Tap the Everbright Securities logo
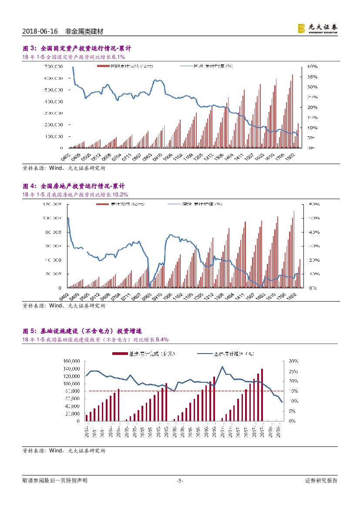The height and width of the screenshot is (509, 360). point(317,28)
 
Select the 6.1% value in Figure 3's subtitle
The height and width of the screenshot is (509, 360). point(118,57)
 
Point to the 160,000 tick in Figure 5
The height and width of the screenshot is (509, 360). point(71,361)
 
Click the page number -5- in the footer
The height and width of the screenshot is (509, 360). point(180,481)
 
